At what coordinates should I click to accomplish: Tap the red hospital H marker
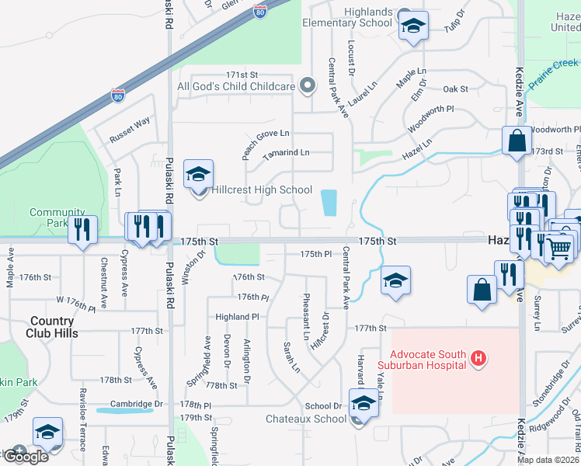[x=479, y=359]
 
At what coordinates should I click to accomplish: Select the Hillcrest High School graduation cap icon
[x=198, y=175]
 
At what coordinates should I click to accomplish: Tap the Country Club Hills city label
[x=54, y=326]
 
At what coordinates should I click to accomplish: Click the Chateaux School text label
[x=306, y=419]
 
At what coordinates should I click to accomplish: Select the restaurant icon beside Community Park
[x=82, y=229]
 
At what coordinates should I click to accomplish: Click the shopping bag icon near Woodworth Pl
[x=517, y=141]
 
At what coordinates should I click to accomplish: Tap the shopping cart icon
[x=559, y=249]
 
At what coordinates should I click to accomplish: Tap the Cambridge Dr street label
[x=137, y=405]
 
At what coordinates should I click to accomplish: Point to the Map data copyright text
[x=548, y=460]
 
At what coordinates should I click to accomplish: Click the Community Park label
[x=56, y=217]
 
